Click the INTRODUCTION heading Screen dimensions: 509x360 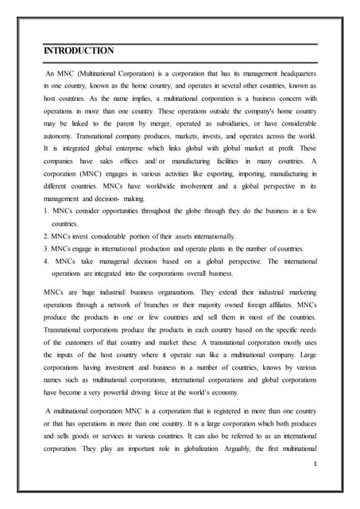point(78,51)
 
